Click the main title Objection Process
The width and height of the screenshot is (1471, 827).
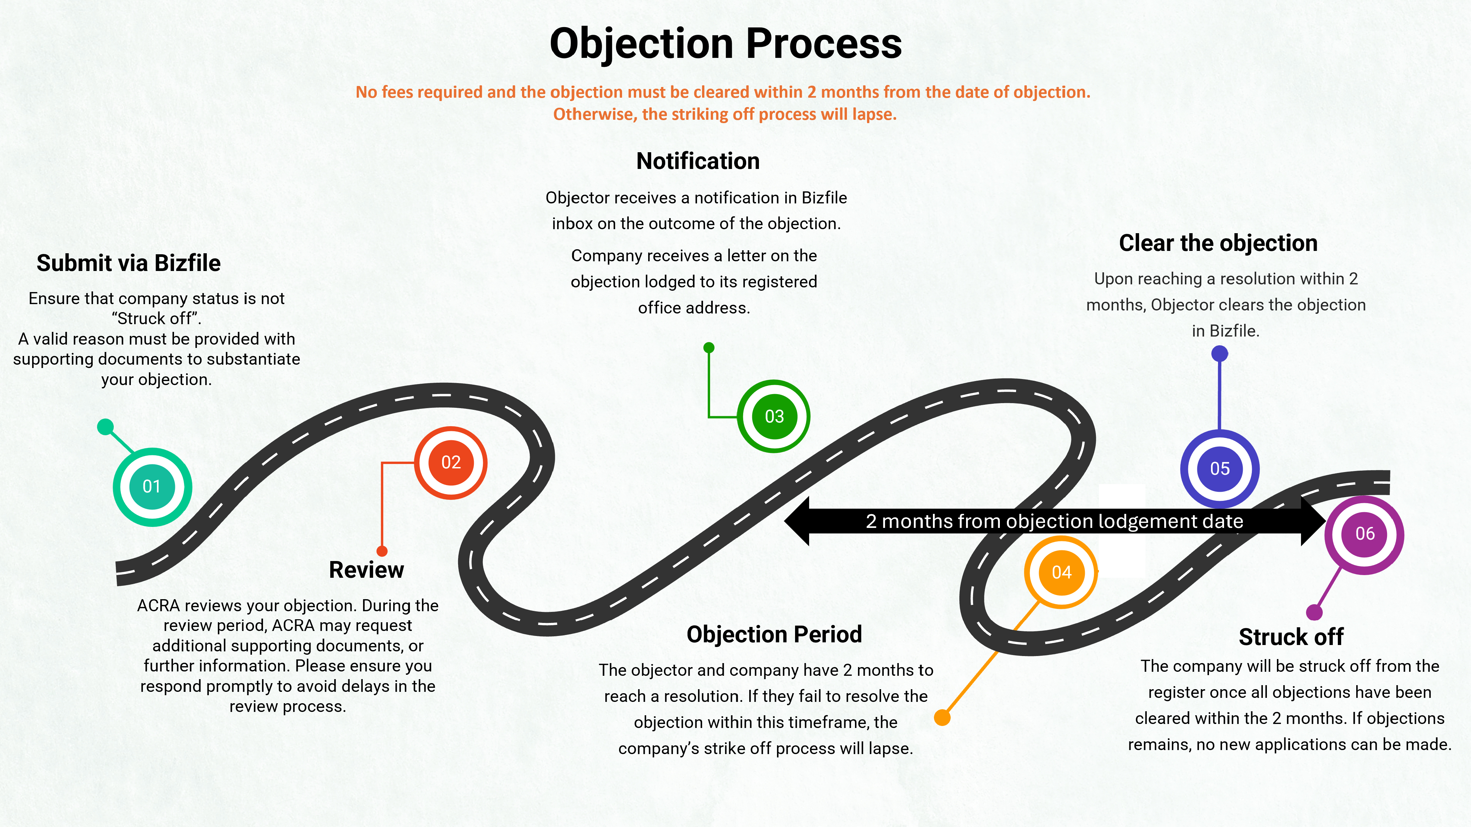[725, 43]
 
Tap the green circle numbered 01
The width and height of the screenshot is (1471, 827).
[152, 486]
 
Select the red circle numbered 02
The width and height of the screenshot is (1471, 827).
[450, 462]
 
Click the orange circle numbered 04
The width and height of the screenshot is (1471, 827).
[1061, 572]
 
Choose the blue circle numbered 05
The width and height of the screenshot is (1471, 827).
[1220, 469]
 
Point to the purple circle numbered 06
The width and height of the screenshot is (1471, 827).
[1364, 534]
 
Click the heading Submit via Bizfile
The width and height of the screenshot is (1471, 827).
[128, 263]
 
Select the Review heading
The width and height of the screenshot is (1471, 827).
[366, 570]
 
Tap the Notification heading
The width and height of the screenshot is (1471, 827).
[698, 161]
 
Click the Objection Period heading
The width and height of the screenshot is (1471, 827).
[774, 634]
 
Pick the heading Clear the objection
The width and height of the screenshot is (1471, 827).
[1218, 243]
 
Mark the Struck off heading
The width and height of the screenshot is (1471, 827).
[1291, 637]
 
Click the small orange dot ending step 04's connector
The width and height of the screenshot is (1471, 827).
[942, 717]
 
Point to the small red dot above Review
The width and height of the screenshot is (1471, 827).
[382, 551]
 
